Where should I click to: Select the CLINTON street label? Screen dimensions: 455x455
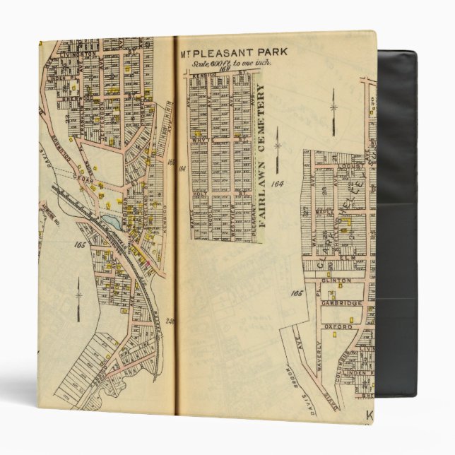[336, 280]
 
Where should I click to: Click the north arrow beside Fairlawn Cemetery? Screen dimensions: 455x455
[278, 147]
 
